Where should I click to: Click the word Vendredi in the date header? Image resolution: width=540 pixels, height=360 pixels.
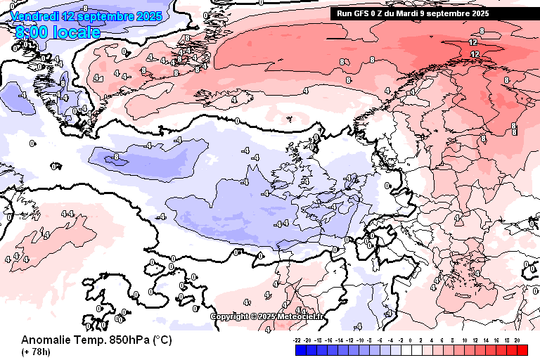[34, 16]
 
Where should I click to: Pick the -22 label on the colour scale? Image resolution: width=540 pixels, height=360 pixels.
[297, 340]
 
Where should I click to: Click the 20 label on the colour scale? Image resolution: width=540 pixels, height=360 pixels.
[517, 340]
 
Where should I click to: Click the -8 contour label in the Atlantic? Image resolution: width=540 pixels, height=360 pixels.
[116, 157]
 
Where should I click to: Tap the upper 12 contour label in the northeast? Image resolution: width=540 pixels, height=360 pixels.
[472, 43]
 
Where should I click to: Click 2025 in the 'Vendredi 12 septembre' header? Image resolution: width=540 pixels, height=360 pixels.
[148, 16]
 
